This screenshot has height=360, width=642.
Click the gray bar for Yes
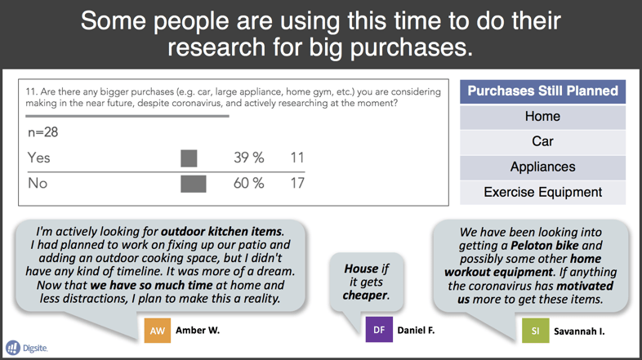(189, 158)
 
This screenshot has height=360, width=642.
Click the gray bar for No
(194, 184)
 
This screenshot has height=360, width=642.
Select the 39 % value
(249, 158)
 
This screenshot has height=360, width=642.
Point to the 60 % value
(249, 184)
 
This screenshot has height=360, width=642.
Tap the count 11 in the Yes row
(297, 158)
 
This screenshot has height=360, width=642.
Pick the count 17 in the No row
(297, 184)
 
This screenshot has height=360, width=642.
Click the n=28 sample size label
(43, 132)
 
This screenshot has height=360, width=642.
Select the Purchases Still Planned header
(542, 91)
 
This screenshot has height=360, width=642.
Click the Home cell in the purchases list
(542, 117)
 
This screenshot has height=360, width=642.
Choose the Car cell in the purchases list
(542, 142)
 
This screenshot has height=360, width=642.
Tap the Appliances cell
(542, 167)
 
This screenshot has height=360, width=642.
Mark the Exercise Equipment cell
(542, 193)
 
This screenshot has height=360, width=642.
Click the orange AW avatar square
(157, 331)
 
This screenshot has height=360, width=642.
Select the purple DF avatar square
(379, 330)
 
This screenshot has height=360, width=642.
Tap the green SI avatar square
(536, 331)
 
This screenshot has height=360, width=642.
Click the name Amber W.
(198, 330)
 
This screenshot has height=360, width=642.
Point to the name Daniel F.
(416, 330)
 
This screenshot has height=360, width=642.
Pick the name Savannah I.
(579, 331)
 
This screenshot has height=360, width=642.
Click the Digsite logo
(27, 348)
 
